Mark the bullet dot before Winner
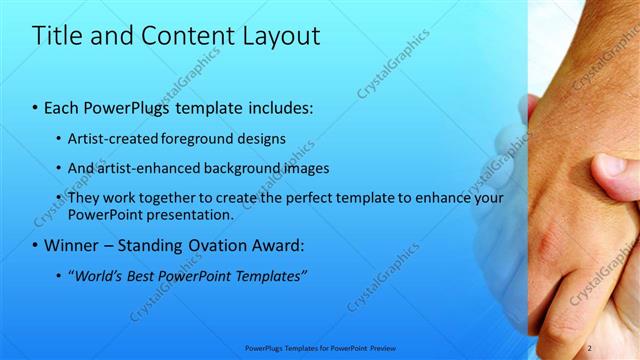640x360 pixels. pos(36,245)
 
